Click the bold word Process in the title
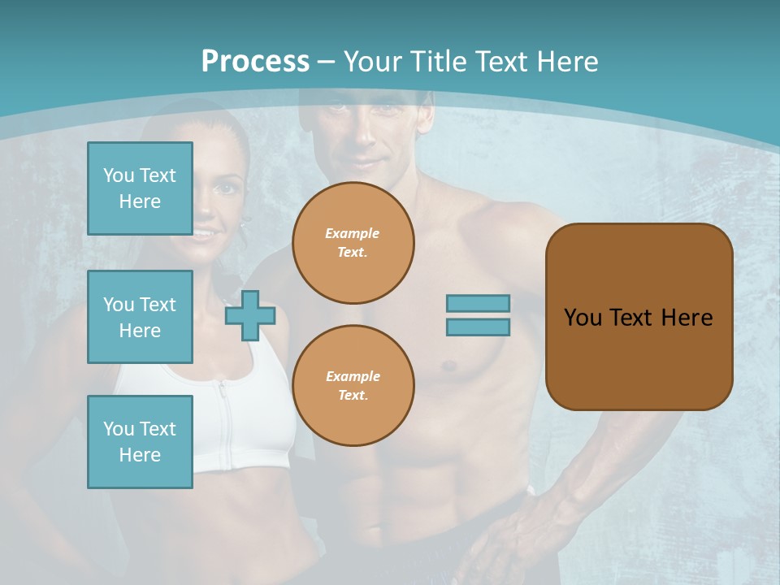coord(255,61)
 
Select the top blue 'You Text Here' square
coord(140,188)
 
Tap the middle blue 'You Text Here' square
coord(140,317)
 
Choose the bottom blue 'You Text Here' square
coord(140,442)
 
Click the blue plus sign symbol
coord(250,315)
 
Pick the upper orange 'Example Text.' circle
coord(353,243)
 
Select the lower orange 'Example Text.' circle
coord(353,386)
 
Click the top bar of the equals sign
coord(479,303)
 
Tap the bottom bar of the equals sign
coord(479,327)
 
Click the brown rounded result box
coord(639,317)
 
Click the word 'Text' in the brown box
coord(631,317)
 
